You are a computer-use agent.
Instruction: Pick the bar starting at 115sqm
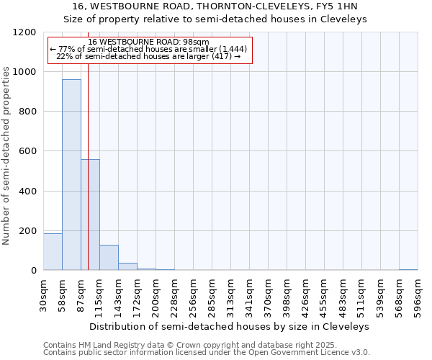[109, 258]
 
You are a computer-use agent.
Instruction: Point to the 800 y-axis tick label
[27, 112]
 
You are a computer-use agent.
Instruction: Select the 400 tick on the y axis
[27, 192]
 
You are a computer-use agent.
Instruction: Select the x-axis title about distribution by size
[230, 326]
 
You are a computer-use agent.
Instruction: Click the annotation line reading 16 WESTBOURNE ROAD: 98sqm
[148, 42]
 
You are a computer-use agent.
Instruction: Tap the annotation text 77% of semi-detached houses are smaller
[148, 49]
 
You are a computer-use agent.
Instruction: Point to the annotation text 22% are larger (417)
[148, 56]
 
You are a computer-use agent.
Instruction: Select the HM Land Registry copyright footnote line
[186, 345]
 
